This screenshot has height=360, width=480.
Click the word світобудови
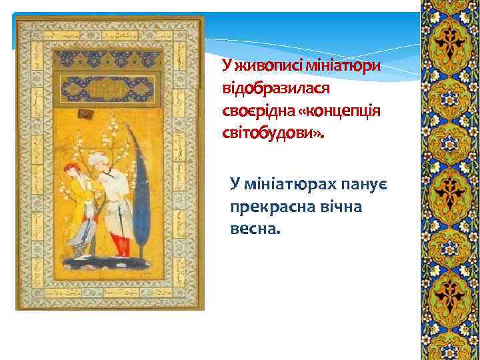tap(270, 132)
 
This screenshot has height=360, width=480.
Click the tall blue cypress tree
tap(142, 193)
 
